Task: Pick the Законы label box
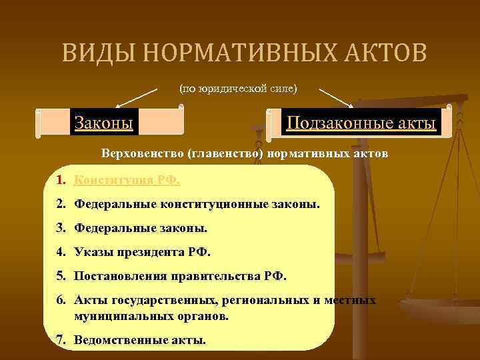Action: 103,123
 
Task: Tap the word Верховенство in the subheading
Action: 143,154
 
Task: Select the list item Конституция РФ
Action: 127,179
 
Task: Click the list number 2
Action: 61,203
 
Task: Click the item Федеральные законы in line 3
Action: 141,228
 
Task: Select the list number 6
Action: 61,301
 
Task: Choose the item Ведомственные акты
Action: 140,340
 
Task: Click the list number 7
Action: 61,340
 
